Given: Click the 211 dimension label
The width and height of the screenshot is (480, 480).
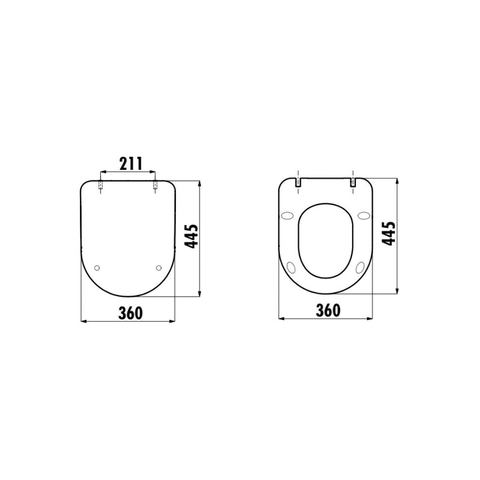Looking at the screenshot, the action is (131, 164).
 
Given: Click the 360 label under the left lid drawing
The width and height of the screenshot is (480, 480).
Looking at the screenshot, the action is (131, 313).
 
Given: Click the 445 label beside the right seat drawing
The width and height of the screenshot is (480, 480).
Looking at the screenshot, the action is (389, 234).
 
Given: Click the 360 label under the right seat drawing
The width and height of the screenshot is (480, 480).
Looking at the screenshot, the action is (328, 310).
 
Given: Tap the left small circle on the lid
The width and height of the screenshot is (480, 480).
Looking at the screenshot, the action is (97, 268).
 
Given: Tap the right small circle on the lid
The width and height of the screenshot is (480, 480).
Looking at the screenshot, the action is (159, 268).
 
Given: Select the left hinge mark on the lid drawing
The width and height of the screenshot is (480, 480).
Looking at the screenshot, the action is (100, 186).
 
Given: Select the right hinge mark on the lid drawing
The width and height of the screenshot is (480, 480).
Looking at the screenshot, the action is (155, 186).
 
